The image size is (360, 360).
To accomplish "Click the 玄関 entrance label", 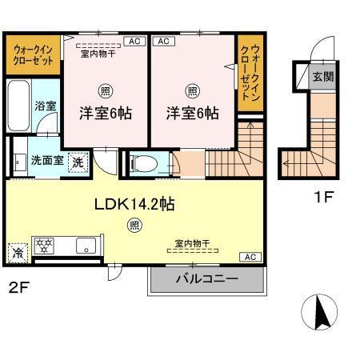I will tap(323, 77).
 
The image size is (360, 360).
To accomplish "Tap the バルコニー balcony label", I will tap(206, 281).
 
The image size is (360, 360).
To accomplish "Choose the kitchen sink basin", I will tap(84, 246).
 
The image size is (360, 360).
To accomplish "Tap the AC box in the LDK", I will tap(250, 256).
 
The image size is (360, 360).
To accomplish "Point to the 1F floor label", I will tap(322, 194).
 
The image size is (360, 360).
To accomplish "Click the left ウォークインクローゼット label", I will tap(33, 54).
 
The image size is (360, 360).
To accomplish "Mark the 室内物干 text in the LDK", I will tap(192, 242).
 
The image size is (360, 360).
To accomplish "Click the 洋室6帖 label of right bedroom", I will tap(192, 114).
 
